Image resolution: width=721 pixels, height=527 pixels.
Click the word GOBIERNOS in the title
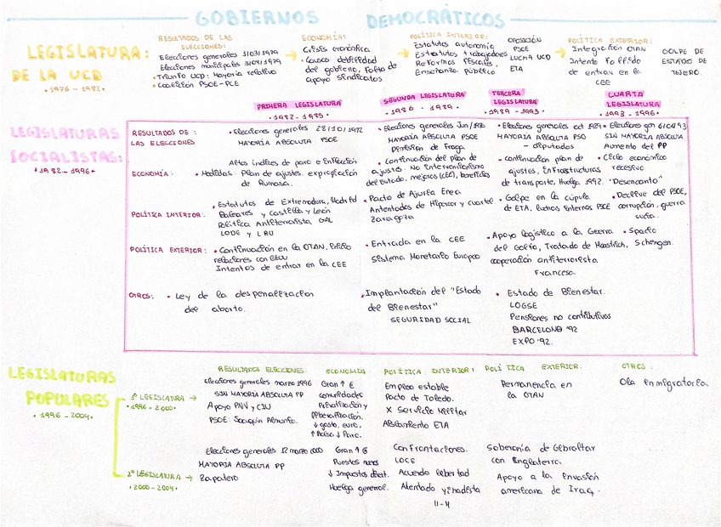tap(257, 18)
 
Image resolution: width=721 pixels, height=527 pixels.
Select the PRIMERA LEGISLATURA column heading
tap(298, 105)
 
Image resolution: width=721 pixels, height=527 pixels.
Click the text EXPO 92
tap(531, 340)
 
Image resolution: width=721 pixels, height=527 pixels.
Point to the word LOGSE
tap(524, 303)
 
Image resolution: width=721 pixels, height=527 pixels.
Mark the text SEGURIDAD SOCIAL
tap(430, 320)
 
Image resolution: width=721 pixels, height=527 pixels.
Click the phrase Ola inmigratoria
tap(664, 383)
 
